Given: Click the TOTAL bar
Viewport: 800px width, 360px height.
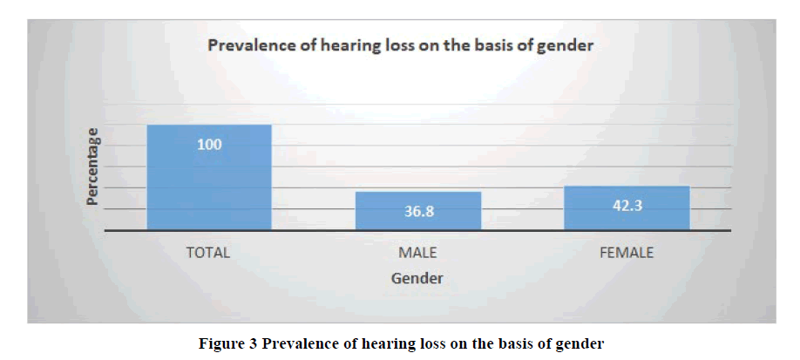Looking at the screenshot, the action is click(209, 177).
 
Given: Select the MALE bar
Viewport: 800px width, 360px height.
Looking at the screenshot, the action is click(418, 211).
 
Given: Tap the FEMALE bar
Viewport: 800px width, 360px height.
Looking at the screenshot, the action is click(627, 207).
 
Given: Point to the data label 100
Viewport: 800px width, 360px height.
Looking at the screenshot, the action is click(210, 145).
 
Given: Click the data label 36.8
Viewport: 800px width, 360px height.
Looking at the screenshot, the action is click(419, 212).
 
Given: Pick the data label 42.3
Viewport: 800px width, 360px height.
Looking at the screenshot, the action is click(627, 205).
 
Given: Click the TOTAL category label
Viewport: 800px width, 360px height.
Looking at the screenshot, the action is click(208, 253).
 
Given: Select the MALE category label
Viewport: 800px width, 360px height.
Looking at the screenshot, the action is click(417, 253).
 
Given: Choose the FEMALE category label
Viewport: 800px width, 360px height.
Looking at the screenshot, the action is click(627, 253).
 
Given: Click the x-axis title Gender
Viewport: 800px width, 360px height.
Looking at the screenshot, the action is click(417, 279).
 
